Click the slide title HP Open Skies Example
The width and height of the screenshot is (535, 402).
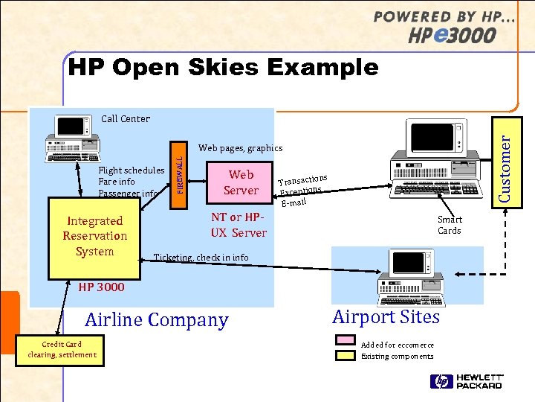(x=223, y=68)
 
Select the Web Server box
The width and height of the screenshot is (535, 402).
(x=241, y=182)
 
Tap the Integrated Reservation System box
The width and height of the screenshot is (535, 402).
(x=94, y=235)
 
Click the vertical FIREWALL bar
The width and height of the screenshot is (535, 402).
(x=178, y=172)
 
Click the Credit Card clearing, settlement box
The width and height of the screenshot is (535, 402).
(x=62, y=349)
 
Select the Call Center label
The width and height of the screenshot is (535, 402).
(x=125, y=118)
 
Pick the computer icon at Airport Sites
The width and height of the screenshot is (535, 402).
(x=406, y=278)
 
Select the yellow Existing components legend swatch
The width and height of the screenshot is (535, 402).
(x=346, y=356)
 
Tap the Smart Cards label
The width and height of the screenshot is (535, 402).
(x=449, y=225)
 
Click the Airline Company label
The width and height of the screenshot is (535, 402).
(x=156, y=320)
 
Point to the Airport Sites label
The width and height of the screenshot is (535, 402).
(x=386, y=316)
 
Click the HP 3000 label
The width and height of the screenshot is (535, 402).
(x=101, y=287)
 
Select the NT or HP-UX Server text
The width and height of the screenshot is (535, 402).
(x=238, y=225)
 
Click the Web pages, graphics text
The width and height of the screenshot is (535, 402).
(x=240, y=148)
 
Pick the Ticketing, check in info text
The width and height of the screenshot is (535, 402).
(x=201, y=258)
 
